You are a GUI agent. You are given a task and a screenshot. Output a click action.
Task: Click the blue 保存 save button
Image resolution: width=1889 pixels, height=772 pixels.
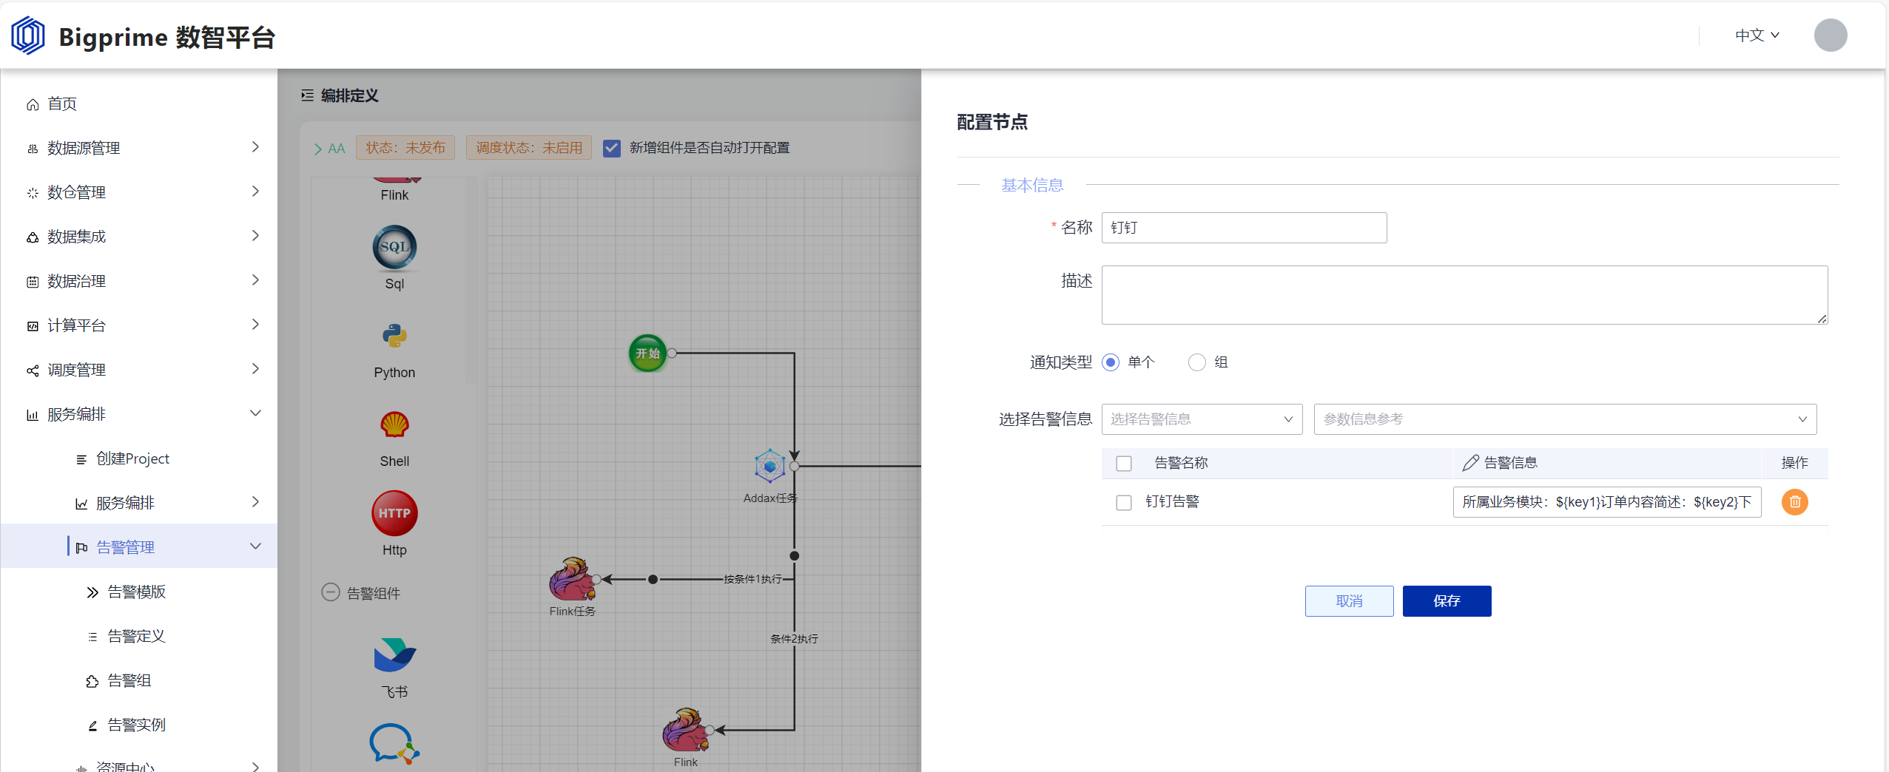coord(1447,600)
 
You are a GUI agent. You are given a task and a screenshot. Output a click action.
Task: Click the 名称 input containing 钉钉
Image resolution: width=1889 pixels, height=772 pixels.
coord(1244,228)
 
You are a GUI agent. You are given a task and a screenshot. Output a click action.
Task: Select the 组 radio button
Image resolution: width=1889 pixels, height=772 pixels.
coord(1196,362)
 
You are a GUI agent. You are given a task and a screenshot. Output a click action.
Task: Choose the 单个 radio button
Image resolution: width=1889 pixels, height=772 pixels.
coord(1111,362)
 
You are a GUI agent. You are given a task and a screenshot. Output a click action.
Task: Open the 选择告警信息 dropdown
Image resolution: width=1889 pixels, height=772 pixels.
coord(1202,419)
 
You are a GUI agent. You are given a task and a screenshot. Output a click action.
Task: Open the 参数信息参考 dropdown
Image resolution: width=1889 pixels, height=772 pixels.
coord(1565,419)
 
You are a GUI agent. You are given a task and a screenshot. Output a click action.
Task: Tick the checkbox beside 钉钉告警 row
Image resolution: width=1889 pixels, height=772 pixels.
coord(1124,503)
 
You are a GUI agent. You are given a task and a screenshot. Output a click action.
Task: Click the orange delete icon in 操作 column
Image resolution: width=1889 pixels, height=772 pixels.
coord(1794,502)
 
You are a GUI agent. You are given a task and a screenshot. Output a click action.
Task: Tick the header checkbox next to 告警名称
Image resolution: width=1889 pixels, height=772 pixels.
coord(1124,464)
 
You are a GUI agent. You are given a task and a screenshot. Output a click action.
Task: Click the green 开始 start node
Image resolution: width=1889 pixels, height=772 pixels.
coord(647,353)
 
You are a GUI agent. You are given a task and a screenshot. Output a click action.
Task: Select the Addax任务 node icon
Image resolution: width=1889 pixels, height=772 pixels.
coord(770,467)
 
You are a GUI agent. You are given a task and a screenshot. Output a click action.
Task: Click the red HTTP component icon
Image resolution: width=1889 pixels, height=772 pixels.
coord(394,513)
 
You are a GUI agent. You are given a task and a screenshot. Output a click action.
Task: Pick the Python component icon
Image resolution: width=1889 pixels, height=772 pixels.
coord(394,336)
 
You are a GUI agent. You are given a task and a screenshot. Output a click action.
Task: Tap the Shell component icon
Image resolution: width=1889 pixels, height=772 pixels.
coord(394,424)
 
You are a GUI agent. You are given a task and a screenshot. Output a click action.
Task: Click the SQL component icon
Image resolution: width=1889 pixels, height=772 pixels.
coord(394,247)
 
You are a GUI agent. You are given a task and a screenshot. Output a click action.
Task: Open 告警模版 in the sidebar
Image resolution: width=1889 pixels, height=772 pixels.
coord(136,592)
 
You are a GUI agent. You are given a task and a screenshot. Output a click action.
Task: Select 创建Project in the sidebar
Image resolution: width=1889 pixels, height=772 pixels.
coord(132,458)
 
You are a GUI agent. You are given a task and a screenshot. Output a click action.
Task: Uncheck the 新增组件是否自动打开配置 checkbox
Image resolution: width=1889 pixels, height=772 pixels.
coord(612,148)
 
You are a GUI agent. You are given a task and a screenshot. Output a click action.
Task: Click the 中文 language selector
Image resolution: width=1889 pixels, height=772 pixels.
coord(1757,35)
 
